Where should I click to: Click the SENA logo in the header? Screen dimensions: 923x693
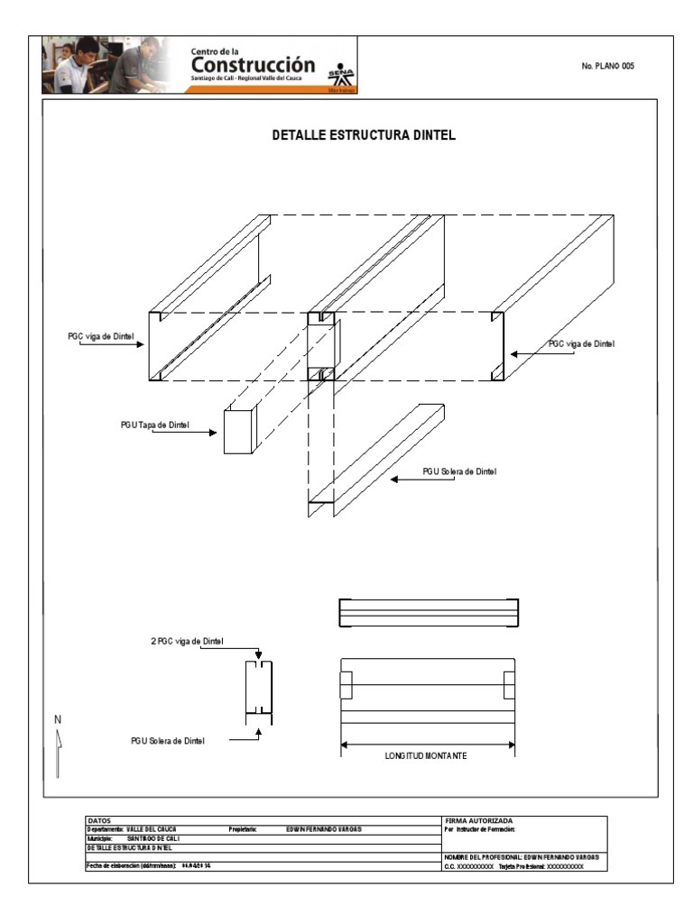(341, 76)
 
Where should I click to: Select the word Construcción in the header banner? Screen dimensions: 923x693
(253, 67)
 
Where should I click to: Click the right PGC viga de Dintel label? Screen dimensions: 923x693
(582, 344)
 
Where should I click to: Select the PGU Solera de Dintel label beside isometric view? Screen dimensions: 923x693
(460, 471)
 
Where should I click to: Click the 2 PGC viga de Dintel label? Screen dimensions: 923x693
(187, 642)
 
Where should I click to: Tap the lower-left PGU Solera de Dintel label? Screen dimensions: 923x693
(168, 741)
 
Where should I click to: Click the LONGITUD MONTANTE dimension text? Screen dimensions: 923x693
(426, 755)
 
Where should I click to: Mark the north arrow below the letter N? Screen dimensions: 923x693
(58, 753)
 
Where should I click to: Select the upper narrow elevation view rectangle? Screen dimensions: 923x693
(428, 613)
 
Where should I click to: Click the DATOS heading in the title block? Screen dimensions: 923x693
(99, 820)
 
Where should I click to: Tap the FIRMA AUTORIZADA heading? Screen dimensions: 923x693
(479, 820)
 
